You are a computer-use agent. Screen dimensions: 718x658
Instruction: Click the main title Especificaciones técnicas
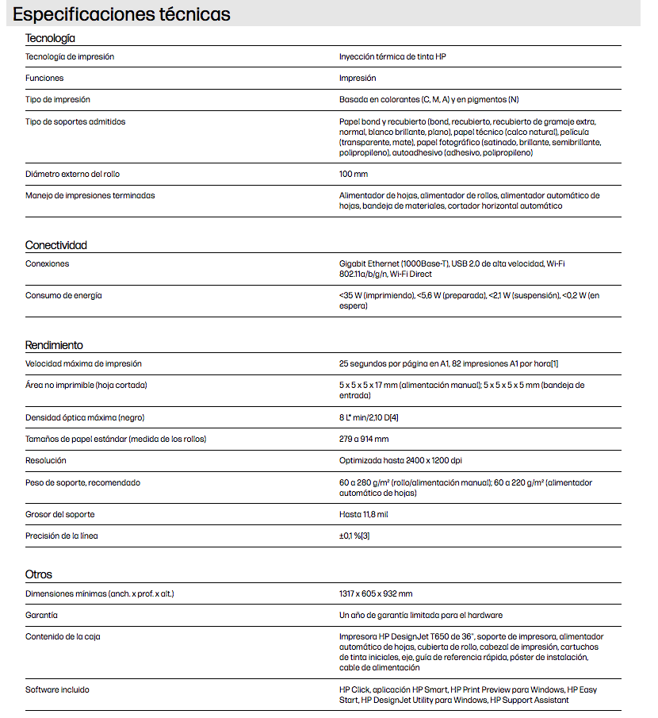tap(122, 14)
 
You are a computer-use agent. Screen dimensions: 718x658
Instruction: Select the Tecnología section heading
tap(50, 38)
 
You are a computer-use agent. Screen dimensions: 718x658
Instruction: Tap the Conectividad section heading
tap(56, 245)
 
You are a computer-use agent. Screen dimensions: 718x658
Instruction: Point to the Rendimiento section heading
tap(54, 345)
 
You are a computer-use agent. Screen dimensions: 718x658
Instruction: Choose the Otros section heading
tap(39, 574)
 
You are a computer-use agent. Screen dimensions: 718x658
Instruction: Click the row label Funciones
tap(44, 79)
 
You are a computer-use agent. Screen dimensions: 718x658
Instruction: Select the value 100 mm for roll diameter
tap(354, 174)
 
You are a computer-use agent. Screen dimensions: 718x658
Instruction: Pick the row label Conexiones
tap(48, 263)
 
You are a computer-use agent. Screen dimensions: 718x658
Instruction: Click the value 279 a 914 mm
tap(364, 439)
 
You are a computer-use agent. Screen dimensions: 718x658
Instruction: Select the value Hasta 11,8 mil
tap(364, 514)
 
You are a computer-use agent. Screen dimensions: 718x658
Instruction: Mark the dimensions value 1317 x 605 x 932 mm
tap(376, 593)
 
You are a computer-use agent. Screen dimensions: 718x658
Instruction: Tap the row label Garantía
tap(42, 615)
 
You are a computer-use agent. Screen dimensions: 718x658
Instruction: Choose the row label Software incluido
tap(57, 689)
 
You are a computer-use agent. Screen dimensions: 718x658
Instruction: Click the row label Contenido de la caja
tap(63, 636)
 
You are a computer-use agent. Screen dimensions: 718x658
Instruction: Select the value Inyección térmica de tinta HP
tap(398, 56)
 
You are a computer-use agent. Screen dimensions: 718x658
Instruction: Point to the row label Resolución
tap(46, 460)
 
